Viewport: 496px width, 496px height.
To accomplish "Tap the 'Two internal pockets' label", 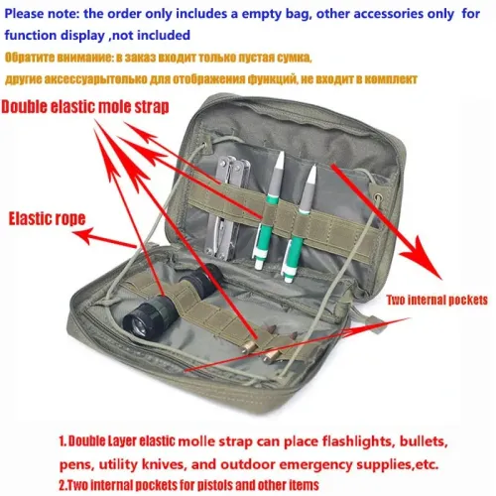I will click(x=436, y=301).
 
